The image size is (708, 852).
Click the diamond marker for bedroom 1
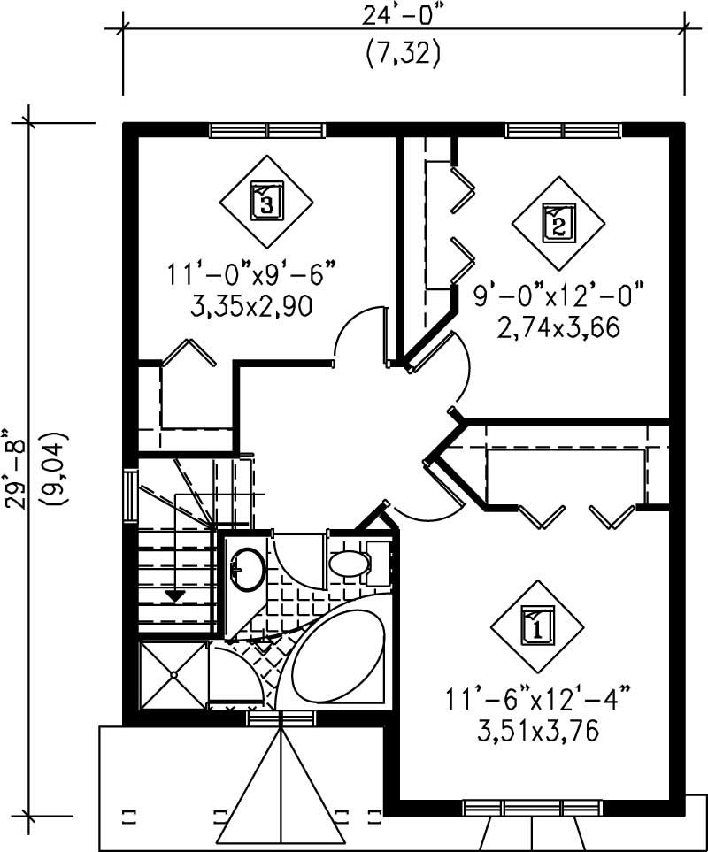point(536,626)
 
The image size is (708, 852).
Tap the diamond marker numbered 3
point(266,202)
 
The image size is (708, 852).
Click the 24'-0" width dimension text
point(402,17)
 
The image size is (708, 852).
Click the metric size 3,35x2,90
point(254,305)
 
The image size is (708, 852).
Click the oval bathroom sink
point(247,569)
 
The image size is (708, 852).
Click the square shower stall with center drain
point(173,675)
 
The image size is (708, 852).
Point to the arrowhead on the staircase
point(176,595)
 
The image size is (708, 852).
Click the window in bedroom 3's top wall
point(268,131)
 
